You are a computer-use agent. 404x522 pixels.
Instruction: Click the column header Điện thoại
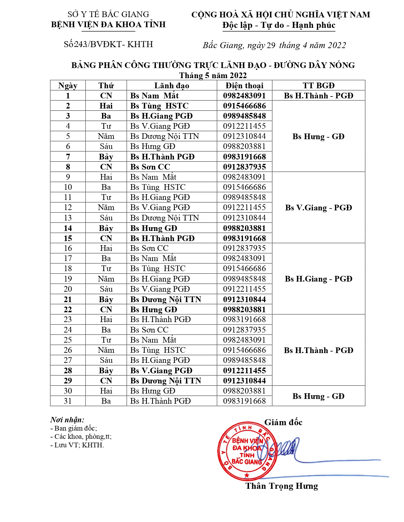[x=244, y=85]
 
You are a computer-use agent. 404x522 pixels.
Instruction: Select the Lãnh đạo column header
[x=171, y=85]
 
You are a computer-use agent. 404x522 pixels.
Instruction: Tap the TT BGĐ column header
[x=318, y=85]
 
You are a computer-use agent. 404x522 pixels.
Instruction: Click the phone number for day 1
[x=244, y=96]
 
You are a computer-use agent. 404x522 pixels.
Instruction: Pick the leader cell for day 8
[x=150, y=167]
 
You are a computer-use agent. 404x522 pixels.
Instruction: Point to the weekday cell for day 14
[x=106, y=228]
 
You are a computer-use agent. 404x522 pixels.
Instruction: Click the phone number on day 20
[x=244, y=289]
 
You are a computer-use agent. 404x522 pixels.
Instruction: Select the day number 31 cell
[x=68, y=401]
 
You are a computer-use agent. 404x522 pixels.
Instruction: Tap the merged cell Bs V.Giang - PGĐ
[x=318, y=208]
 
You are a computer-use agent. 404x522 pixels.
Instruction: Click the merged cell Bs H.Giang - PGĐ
[x=318, y=279]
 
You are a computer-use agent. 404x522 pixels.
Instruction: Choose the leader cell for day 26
[x=158, y=350]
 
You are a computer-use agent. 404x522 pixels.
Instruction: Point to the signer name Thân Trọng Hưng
[x=282, y=486]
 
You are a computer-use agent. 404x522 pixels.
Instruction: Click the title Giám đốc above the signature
[x=283, y=422]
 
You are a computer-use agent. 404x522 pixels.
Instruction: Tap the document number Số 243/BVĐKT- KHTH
[x=108, y=44]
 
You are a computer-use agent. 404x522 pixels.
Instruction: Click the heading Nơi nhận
[x=67, y=420]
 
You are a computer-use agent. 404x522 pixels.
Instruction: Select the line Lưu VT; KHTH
[x=77, y=445]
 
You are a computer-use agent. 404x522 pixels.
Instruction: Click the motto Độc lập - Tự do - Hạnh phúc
[x=279, y=25]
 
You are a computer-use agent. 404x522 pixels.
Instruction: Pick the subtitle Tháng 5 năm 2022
[x=213, y=75]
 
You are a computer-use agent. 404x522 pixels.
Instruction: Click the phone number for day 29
[x=244, y=381]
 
